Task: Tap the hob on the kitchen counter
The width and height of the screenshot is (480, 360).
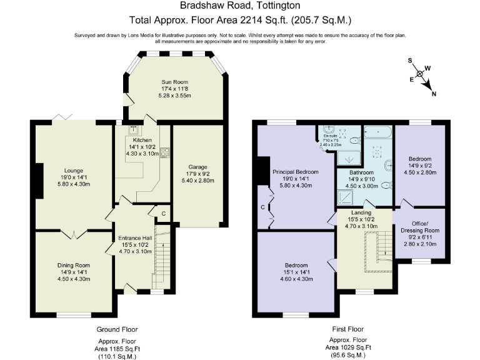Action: [x=164, y=152]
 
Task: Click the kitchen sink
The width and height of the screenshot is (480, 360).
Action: [x=133, y=131]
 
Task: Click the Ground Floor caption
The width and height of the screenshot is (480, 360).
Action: [x=117, y=329]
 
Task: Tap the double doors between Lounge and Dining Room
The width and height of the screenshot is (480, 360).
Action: [x=73, y=233]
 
